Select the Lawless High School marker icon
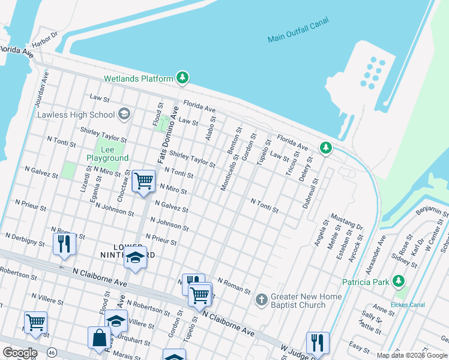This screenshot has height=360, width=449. coord(124,114)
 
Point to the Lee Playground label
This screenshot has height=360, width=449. coord(107,153)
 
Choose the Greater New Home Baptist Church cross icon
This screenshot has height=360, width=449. coord(261,299)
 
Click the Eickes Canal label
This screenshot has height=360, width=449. coord(408,305)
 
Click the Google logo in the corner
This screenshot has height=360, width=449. coord(20,353)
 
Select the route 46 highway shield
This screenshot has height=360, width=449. coord(53,353)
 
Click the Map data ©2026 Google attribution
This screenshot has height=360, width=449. coord(412,355)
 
